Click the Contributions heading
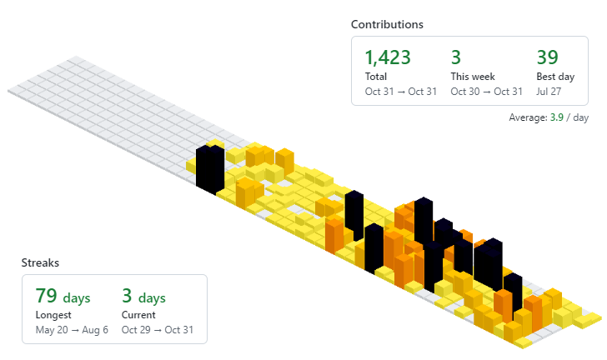coord(387,25)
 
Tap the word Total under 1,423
coord(376,77)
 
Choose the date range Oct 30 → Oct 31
coord(486,91)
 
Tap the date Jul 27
coord(549,91)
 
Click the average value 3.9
coord(556,117)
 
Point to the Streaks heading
coord(41,263)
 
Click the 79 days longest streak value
coord(63,297)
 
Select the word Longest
coord(54,315)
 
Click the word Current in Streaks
coord(138,315)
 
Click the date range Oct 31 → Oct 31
coord(400,91)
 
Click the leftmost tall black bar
coord(209,167)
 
